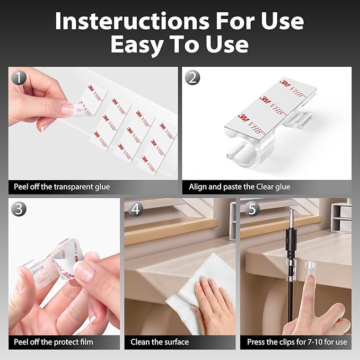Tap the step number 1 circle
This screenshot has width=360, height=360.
(20, 78)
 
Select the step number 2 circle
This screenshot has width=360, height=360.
(193, 78)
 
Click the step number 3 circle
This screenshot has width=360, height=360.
(20, 209)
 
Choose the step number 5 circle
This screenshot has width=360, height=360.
(252, 209)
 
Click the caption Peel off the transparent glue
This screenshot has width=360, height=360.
(62, 187)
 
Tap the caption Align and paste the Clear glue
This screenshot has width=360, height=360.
(240, 187)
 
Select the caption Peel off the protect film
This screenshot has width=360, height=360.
(54, 342)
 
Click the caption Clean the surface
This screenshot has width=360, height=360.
(160, 342)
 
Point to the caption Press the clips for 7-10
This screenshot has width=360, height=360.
(296, 342)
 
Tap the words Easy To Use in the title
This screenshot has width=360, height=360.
(179, 45)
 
